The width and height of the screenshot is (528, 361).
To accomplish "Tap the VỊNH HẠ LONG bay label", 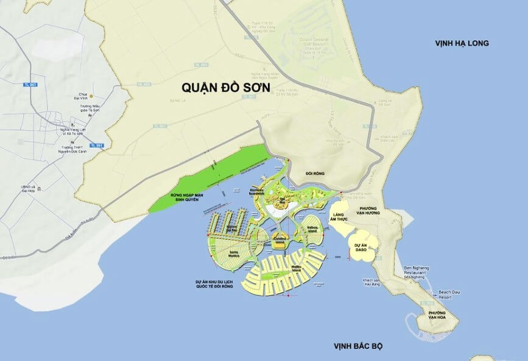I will pos(462,43).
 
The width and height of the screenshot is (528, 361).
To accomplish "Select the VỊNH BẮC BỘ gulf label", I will pos(357,346).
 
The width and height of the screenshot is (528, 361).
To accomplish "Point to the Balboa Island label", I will pos(312,230).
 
